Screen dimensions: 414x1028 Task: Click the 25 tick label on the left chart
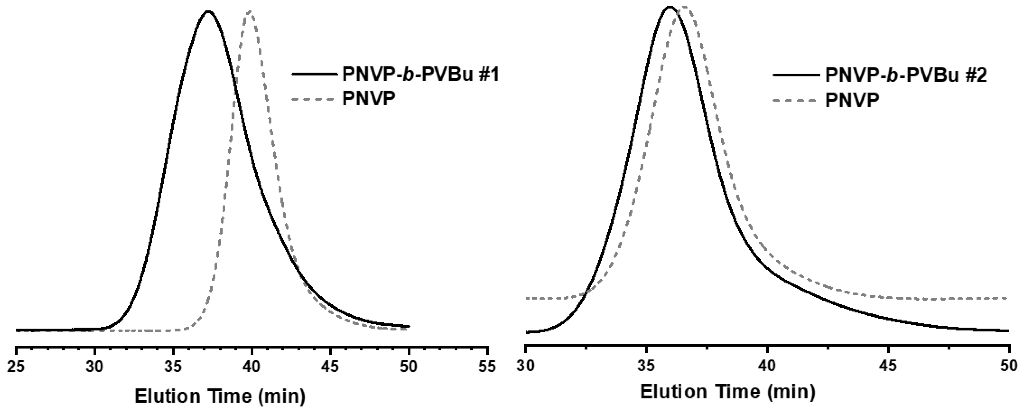click(16, 367)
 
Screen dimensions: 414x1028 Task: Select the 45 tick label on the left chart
click(330, 367)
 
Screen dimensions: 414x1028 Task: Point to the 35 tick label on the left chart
click(173, 367)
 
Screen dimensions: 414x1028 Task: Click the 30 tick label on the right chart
click(526, 366)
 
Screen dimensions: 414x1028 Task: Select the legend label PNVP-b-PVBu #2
click(906, 75)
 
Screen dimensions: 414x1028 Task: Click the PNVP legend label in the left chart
click(369, 99)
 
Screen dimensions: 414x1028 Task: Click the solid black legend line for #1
click(313, 75)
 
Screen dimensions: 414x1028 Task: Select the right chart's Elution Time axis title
click(727, 392)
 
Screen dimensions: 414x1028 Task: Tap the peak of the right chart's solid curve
click(670, 6)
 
